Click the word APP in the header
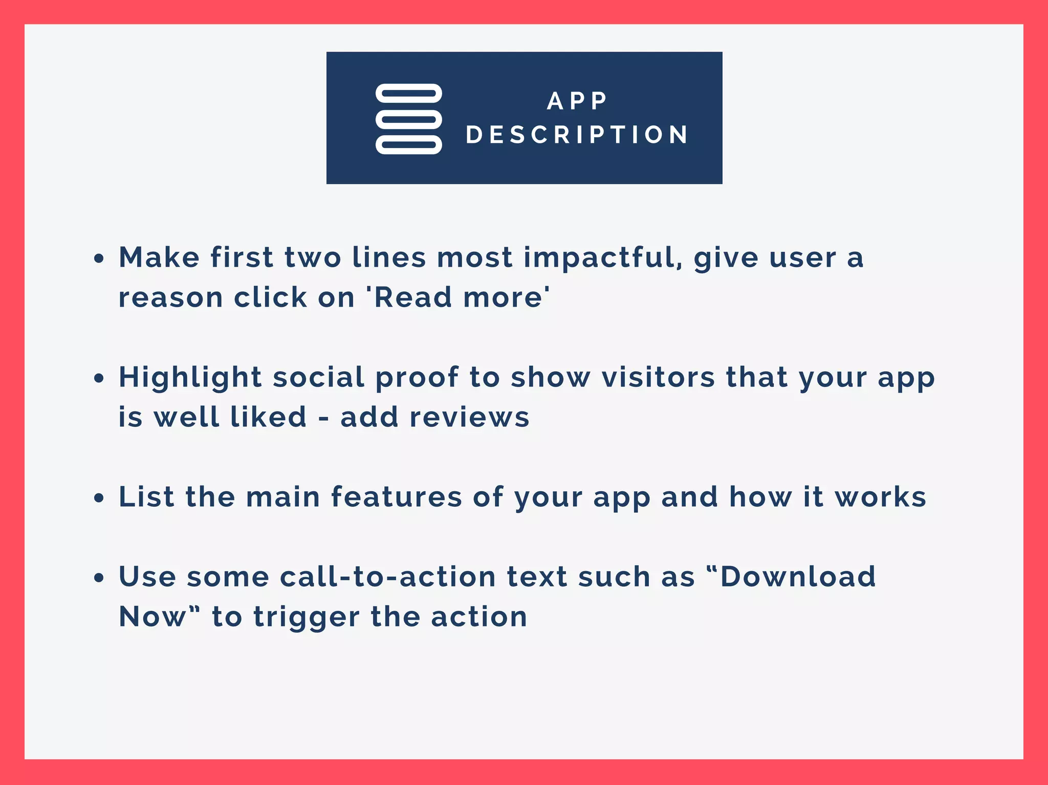click(x=577, y=101)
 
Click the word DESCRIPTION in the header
click(x=577, y=135)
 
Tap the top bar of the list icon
click(x=408, y=94)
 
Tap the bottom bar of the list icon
click(x=408, y=145)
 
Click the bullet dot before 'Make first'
click(x=99, y=258)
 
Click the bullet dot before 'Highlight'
click(x=99, y=379)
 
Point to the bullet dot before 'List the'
click(x=99, y=498)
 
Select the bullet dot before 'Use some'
click(x=99, y=578)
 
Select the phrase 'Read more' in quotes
click(x=458, y=297)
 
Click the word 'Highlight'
click(x=190, y=378)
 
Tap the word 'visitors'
click(x=658, y=378)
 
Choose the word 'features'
click(x=396, y=497)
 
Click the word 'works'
click(x=880, y=497)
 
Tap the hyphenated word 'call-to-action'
click(x=388, y=577)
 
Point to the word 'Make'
click(x=159, y=257)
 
